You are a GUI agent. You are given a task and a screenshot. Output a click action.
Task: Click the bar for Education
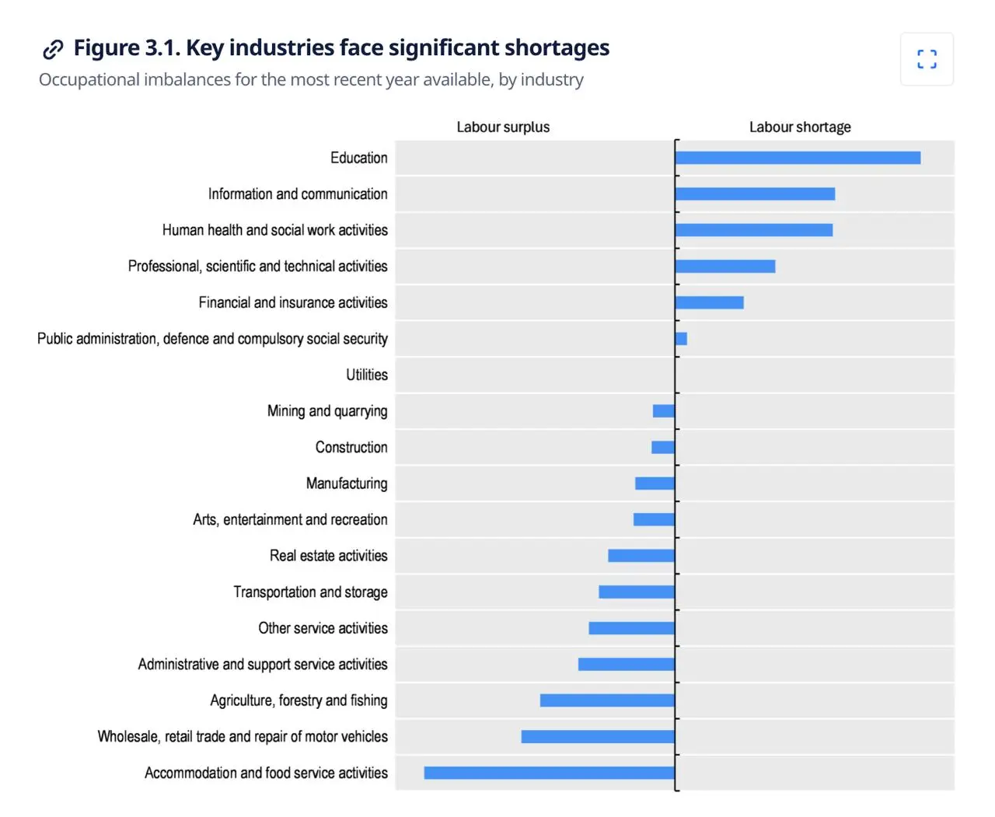pos(798,158)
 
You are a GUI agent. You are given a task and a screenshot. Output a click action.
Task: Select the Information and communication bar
pos(755,194)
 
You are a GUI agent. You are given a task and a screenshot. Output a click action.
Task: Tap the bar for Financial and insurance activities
pos(709,302)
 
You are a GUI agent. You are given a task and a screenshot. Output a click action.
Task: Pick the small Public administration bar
pos(681,339)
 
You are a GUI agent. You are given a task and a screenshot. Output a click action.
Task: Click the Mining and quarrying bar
pos(664,411)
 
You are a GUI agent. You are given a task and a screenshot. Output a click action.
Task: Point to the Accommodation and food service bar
pos(549,773)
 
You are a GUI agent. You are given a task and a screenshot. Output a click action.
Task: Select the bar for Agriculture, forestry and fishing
pos(607,700)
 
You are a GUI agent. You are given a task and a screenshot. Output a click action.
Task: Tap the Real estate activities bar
pos(641,556)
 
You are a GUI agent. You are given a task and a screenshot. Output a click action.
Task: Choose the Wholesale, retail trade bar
pos(598,736)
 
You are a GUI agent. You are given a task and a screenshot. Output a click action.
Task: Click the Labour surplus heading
pos(503,127)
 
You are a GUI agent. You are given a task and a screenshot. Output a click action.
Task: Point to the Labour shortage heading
pos(800,127)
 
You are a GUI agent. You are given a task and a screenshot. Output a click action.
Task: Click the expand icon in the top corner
pos(927,59)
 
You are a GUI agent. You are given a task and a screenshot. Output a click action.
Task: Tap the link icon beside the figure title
pos(53,49)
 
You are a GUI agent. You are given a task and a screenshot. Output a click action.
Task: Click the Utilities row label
pos(367,375)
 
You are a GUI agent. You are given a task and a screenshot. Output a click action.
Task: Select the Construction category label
pos(351,447)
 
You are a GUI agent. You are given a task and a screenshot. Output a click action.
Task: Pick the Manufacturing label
pos(347,484)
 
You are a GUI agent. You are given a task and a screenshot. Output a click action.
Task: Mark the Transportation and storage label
pos(310,592)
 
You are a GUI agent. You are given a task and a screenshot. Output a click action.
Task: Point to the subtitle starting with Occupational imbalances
pos(311,80)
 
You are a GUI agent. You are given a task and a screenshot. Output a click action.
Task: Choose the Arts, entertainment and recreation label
pos(290,519)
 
